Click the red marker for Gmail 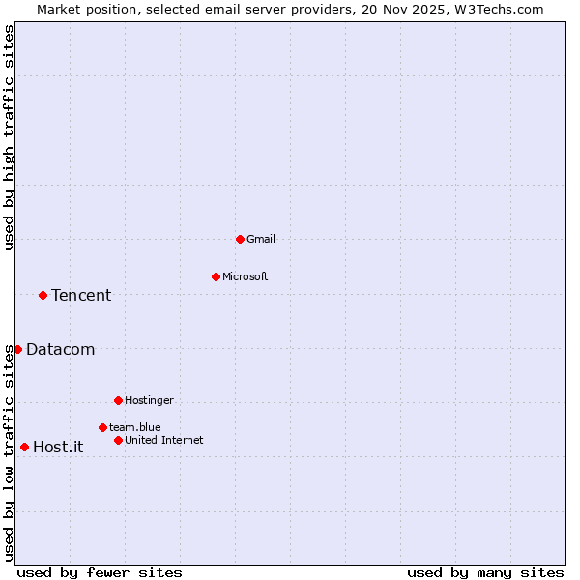click(x=240, y=239)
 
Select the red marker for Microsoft click(x=216, y=276)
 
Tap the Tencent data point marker click(x=43, y=295)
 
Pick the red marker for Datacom click(x=17, y=349)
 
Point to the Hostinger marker click(x=118, y=400)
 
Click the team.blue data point click(x=102, y=427)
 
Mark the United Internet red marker click(x=118, y=440)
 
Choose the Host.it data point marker click(x=24, y=447)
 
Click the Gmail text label click(x=261, y=239)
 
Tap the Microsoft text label click(x=245, y=276)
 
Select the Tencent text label click(x=81, y=295)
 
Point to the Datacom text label click(x=60, y=349)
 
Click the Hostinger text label click(x=149, y=400)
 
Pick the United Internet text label click(x=163, y=440)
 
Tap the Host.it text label click(x=58, y=447)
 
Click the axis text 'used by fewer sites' click(x=100, y=572)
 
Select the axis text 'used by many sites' click(x=485, y=572)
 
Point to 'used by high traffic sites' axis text click(x=9, y=137)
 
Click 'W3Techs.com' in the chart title click(x=501, y=9)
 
